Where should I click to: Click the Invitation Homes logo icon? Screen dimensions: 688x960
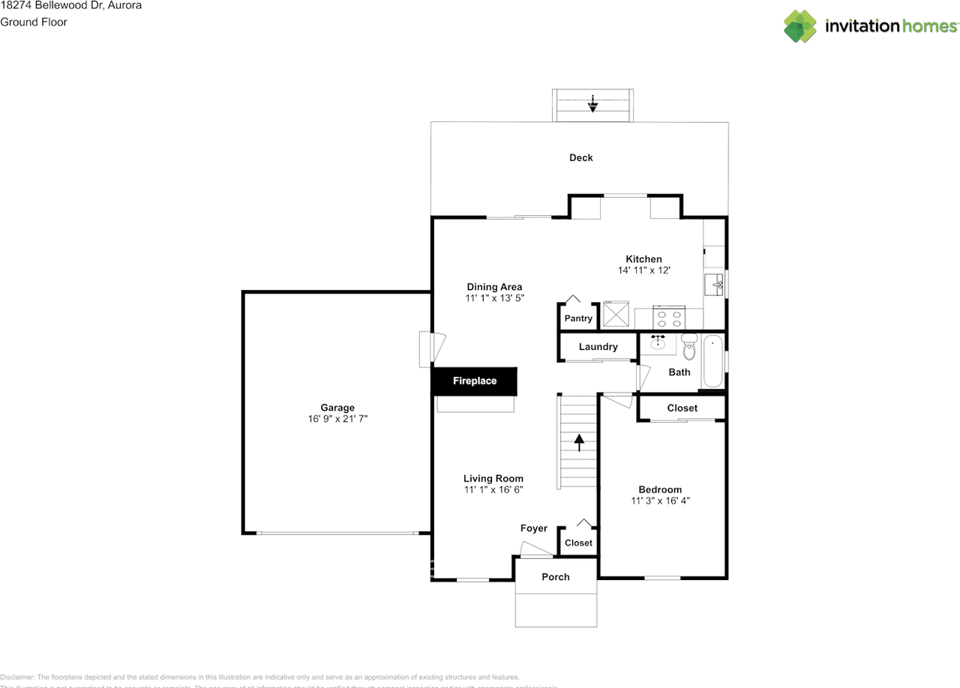[800, 26]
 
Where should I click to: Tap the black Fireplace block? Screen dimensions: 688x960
[474, 381]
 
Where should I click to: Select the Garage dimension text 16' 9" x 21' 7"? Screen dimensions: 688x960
[337, 420]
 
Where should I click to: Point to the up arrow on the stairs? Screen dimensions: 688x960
[578, 441]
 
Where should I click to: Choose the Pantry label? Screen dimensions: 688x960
[578, 319]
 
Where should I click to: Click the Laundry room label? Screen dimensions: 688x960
[598, 347]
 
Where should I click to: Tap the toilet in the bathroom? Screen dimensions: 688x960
[689, 348]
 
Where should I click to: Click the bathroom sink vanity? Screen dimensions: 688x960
[658, 344]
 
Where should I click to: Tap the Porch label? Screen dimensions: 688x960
[556, 577]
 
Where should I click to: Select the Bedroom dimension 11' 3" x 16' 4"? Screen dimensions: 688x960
[661, 501]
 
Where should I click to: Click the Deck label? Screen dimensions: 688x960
[580, 157]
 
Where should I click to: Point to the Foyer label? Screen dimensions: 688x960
[534, 528]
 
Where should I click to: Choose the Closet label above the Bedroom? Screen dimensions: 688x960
[682, 408]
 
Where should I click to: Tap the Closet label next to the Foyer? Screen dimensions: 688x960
[578, 543]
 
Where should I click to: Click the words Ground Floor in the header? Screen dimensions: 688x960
[34, 22]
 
